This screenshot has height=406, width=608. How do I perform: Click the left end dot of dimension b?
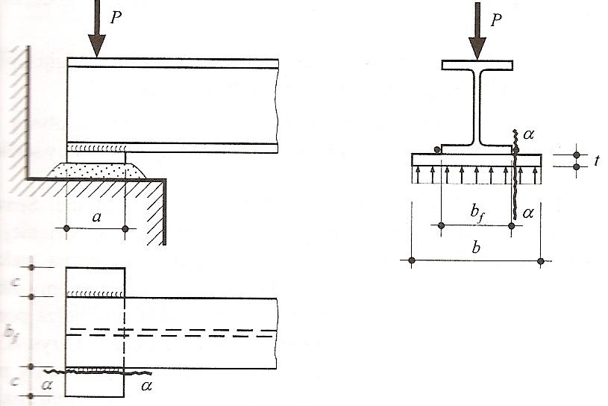(412, 260)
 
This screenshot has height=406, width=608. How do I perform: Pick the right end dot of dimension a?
(125, 228)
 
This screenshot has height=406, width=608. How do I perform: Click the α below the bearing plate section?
(529, 213)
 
